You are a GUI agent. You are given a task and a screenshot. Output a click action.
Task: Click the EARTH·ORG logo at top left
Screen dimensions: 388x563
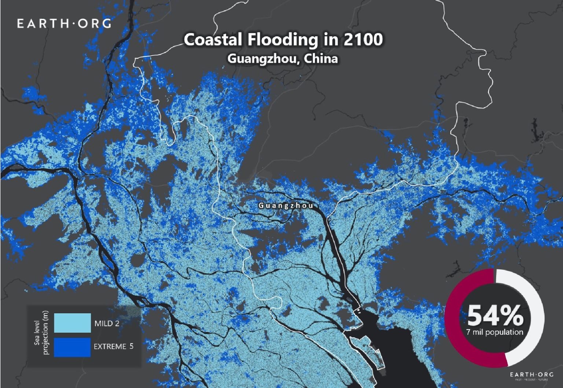[x=64, y=24]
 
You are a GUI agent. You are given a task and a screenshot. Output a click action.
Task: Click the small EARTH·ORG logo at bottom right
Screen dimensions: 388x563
[x=531, y=374]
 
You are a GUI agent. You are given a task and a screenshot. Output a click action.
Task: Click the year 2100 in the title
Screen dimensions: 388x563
[x=363, y=40]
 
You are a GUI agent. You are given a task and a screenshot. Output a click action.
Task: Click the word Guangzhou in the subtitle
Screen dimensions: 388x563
[x=262, y=59]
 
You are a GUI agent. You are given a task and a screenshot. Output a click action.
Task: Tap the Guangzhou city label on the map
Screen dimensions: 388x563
[x=286, y=206]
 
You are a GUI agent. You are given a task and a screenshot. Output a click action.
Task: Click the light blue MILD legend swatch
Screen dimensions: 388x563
[x=72, y=323]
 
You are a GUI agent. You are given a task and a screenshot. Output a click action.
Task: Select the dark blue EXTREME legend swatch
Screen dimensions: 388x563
[x=72, y=347]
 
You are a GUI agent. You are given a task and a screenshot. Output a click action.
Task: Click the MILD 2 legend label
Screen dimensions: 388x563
[x=107, y=324]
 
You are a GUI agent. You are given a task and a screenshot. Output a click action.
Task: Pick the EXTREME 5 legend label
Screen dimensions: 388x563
[x=114, y=346]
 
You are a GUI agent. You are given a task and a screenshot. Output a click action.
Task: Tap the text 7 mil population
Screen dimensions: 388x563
[x=495, y=332]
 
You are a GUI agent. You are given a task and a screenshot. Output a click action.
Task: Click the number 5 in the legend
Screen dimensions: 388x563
[x=131, y=346]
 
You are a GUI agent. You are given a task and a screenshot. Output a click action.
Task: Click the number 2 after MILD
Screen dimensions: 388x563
[x=117, y=324]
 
